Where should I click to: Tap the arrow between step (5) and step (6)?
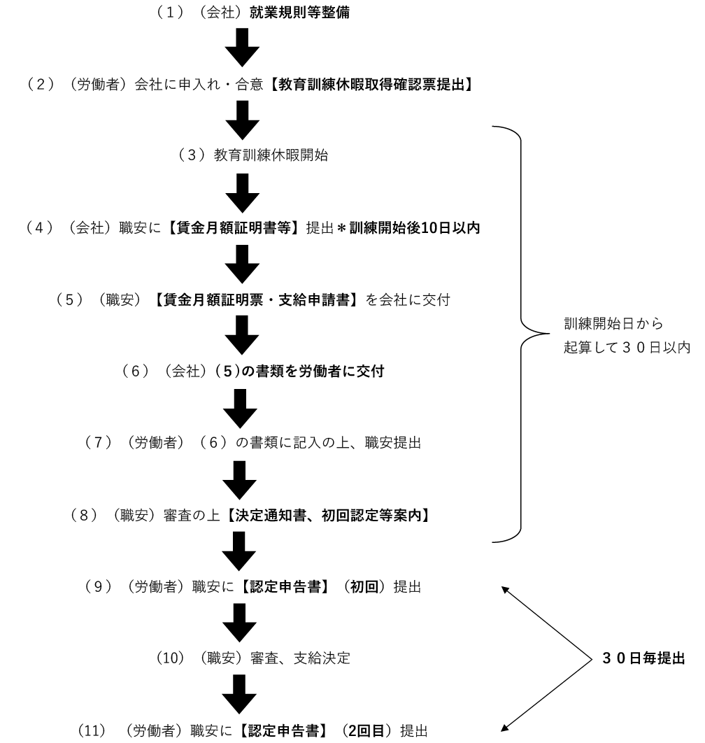(x=242, y=334)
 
